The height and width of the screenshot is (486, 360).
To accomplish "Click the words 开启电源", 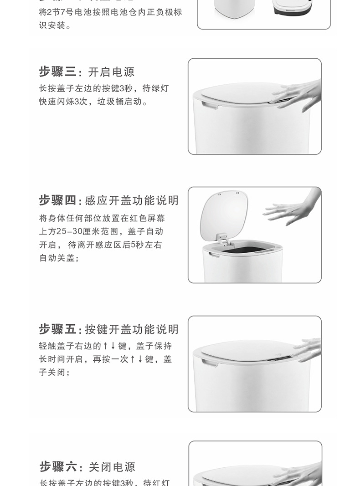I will pos(111,72).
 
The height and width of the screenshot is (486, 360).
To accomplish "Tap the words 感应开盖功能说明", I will pos(132,200).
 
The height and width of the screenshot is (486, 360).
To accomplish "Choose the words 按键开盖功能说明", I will pos(132,329).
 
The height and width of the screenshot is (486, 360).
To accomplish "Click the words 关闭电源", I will pos(112,467).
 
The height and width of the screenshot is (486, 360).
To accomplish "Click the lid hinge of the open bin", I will pos(222,239).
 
